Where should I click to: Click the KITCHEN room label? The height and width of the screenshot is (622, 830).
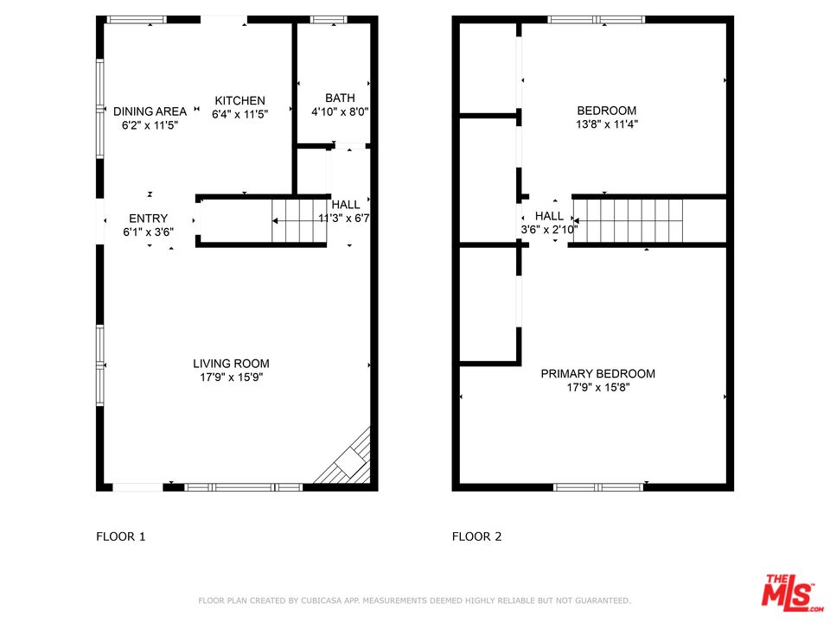click(x=239, y=100)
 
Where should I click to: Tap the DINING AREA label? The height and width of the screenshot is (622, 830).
click(x=150, y=111)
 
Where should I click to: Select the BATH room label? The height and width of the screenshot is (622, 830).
click(x=340, y=98)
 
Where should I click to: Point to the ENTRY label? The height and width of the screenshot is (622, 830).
click(x=148, y=219)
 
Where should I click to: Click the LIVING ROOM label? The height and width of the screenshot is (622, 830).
click(x=231, y=364)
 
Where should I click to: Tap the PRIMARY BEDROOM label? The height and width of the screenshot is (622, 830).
click(x=597, y=373)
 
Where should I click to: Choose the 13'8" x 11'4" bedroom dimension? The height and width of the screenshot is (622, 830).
click(x=607, y=124)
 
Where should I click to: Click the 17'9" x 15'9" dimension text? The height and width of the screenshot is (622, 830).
click(x=231, y=378)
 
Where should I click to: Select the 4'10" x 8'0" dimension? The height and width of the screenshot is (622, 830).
click(x=340, y=111)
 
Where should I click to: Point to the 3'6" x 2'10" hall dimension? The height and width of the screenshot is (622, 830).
click(x=550, y=230)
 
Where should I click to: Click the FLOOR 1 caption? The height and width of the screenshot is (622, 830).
click(x=121, y=536)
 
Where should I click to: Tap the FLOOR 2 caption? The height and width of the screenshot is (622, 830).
click(x=476, y=536)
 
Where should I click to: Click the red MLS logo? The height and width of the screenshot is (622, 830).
click(x=793, y=591)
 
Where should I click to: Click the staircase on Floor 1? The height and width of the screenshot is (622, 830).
click(x=299, y=220)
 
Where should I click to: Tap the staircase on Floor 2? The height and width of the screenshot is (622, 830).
click(x=628, y=220)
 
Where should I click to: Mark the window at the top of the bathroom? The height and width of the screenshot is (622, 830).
click(x=329, y=20)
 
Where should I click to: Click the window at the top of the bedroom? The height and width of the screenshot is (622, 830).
click(x=597, y=20)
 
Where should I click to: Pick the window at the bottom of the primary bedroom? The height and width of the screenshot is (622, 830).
click(x=598, y=487)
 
